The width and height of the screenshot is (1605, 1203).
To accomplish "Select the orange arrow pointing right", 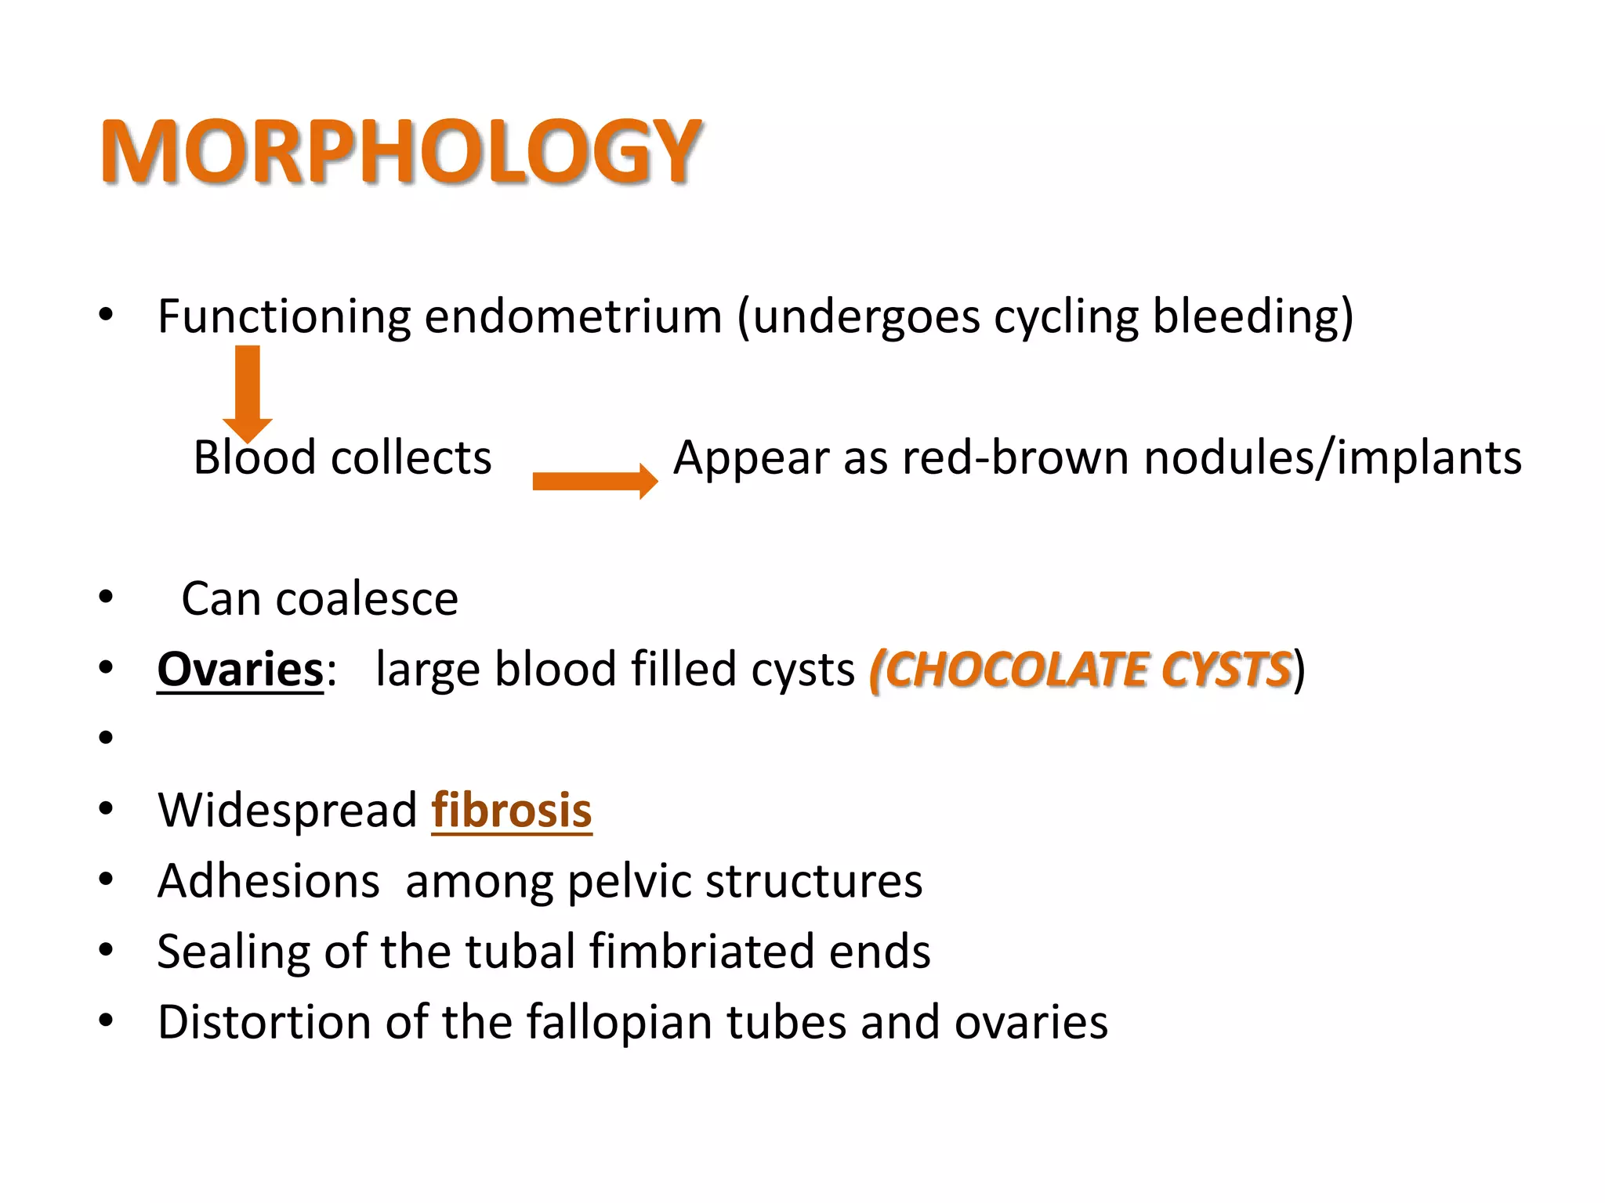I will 595,481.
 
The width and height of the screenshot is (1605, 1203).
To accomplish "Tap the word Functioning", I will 284,317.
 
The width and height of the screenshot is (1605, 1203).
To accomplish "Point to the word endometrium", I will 573,317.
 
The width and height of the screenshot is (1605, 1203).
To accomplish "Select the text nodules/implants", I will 1332,457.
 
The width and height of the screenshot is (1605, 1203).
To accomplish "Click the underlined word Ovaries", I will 240,670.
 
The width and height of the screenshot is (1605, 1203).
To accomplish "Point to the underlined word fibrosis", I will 512,811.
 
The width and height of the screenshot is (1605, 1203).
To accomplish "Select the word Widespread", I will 288,811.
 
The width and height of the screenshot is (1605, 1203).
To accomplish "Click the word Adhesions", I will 269,881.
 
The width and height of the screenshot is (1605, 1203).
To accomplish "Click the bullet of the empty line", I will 107,738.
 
